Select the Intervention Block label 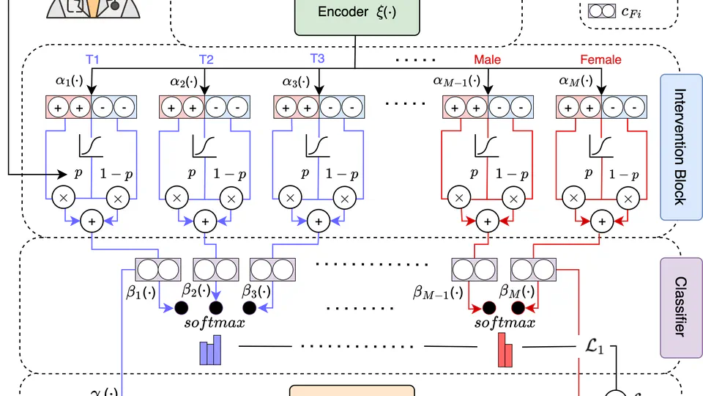tap(681, 147)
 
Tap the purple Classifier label tap(681, 306)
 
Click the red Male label tap(487, 59)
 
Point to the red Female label tap(600, 59)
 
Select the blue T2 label tap(206, 59)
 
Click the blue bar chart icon tap(210, 351)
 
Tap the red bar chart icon tap(506, 350)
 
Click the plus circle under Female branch tap(602, 221)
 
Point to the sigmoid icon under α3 tap(316, 147)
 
